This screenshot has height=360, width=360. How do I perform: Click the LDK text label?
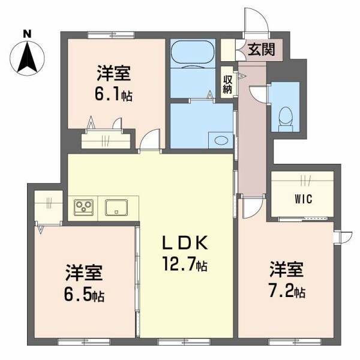(x=185, y=243)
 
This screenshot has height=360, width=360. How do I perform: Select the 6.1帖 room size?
(x=115, y=95)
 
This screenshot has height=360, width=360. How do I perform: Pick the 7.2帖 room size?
(x=287, y=292)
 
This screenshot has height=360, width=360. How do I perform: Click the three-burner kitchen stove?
(x=84, y=208)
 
